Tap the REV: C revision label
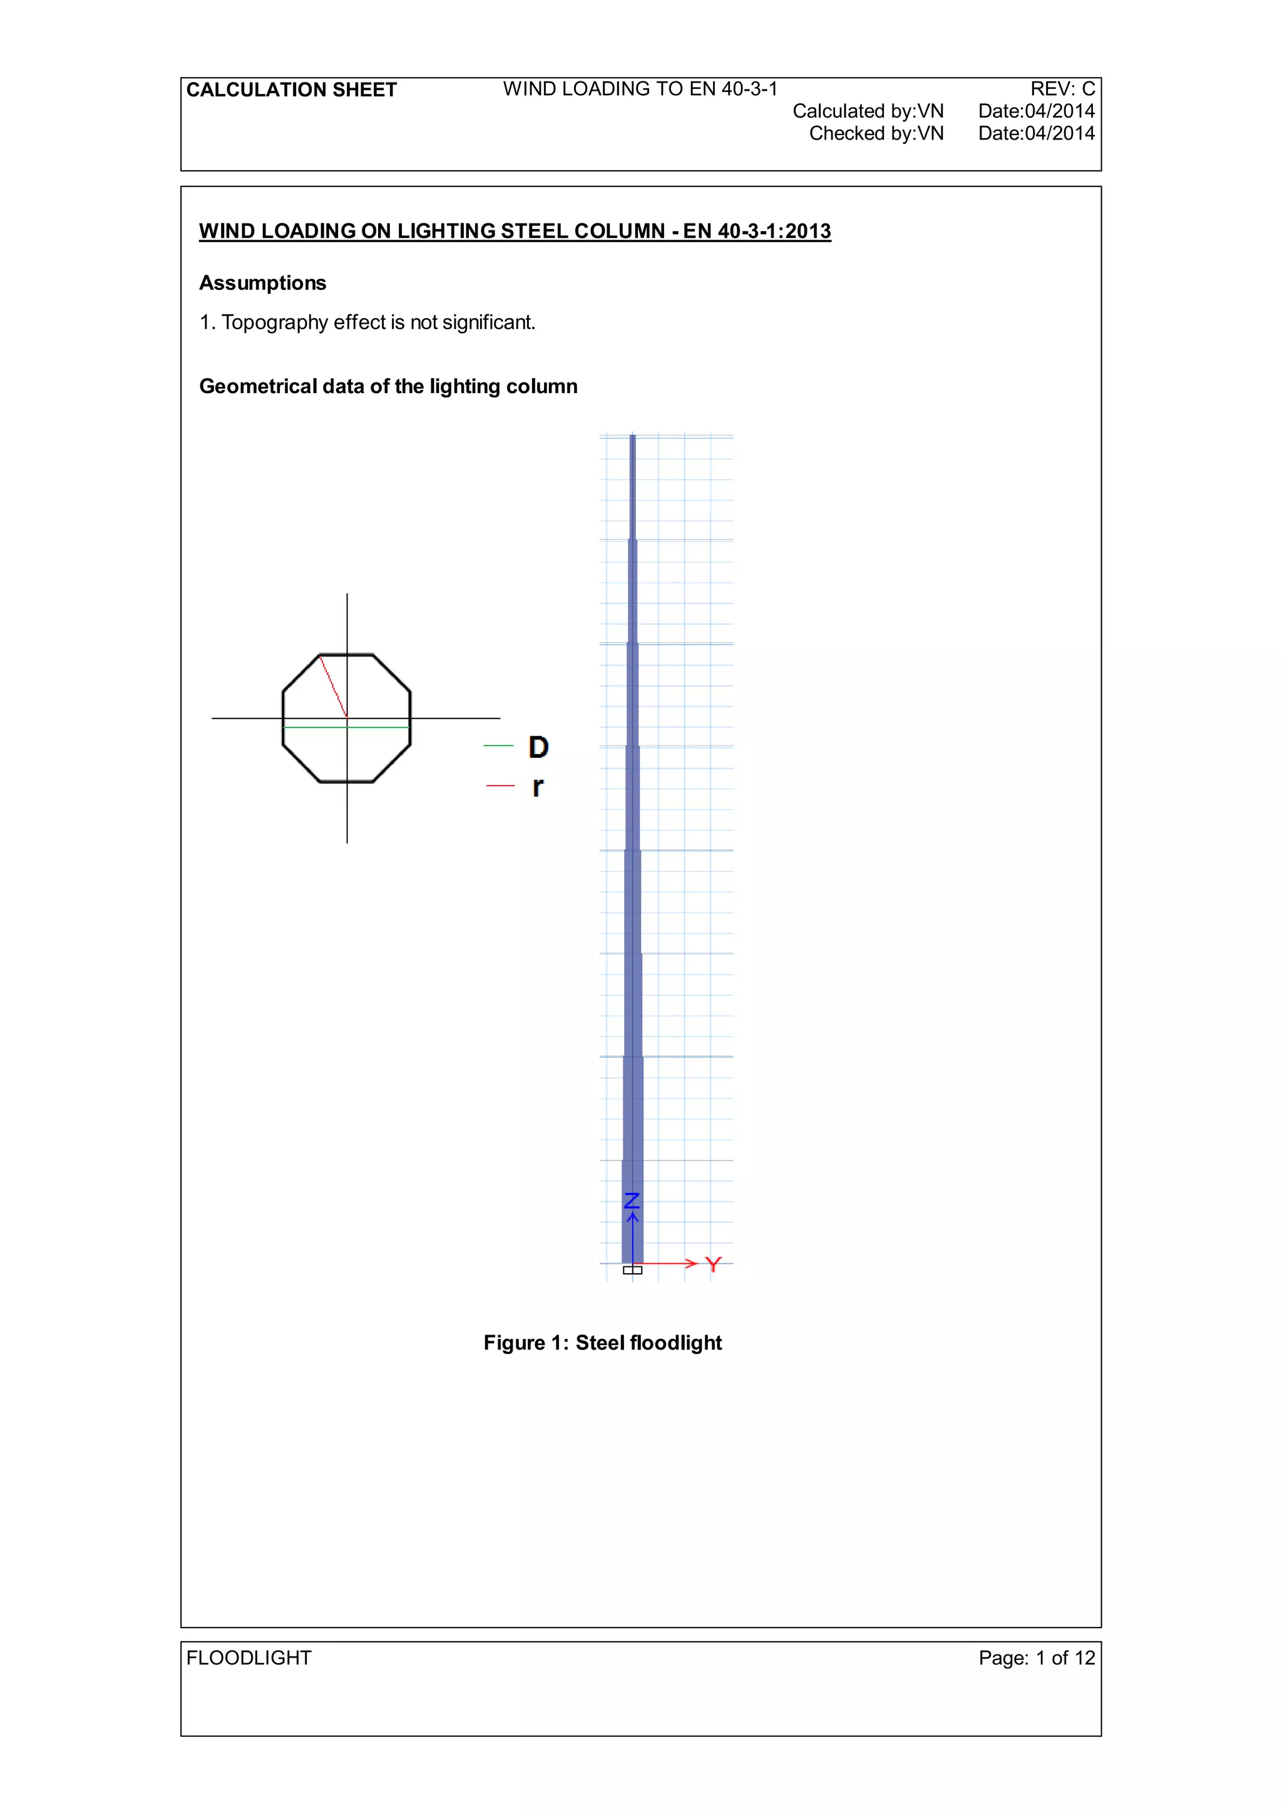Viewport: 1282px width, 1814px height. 1062,90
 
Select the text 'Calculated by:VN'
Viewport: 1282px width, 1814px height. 868,111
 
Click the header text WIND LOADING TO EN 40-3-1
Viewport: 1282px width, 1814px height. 640,90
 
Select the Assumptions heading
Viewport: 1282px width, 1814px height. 262,283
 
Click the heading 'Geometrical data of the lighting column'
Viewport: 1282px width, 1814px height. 388,386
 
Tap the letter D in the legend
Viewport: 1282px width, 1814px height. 538,747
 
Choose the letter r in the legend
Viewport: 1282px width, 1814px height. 537,786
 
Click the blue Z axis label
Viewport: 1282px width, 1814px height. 632,1201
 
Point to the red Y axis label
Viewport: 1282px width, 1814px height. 713,1265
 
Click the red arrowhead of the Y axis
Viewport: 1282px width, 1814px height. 691,1263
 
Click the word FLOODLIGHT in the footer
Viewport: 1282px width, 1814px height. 249,1658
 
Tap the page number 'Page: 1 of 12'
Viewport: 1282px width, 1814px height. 1037,1658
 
